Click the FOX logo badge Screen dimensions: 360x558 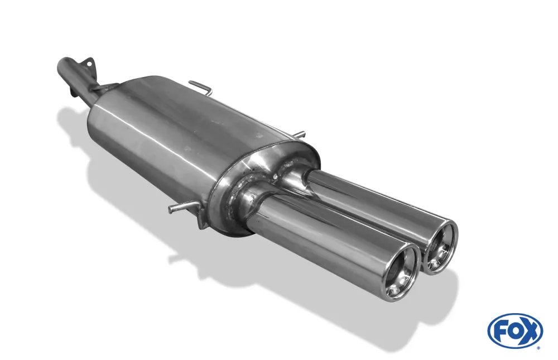tap(514, 330)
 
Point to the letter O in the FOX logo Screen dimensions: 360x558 tap(514, 331)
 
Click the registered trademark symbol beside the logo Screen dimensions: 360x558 tap(538, 347)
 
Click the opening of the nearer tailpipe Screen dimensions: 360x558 tap(401, 273)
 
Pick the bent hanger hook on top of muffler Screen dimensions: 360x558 tap(201, 87)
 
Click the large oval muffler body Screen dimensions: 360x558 tap(167, 140)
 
